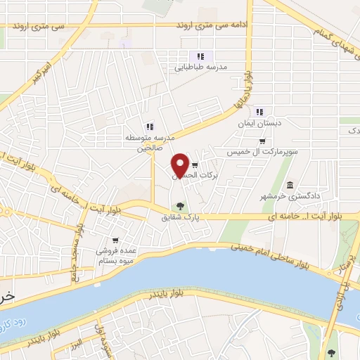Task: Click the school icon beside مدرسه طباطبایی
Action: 200,56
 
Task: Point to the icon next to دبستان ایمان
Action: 259,111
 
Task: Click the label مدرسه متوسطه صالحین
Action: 148,143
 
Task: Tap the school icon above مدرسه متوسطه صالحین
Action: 149,126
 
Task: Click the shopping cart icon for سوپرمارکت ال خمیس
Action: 262,141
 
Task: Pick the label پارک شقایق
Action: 181,218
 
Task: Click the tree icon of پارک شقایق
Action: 181,207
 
